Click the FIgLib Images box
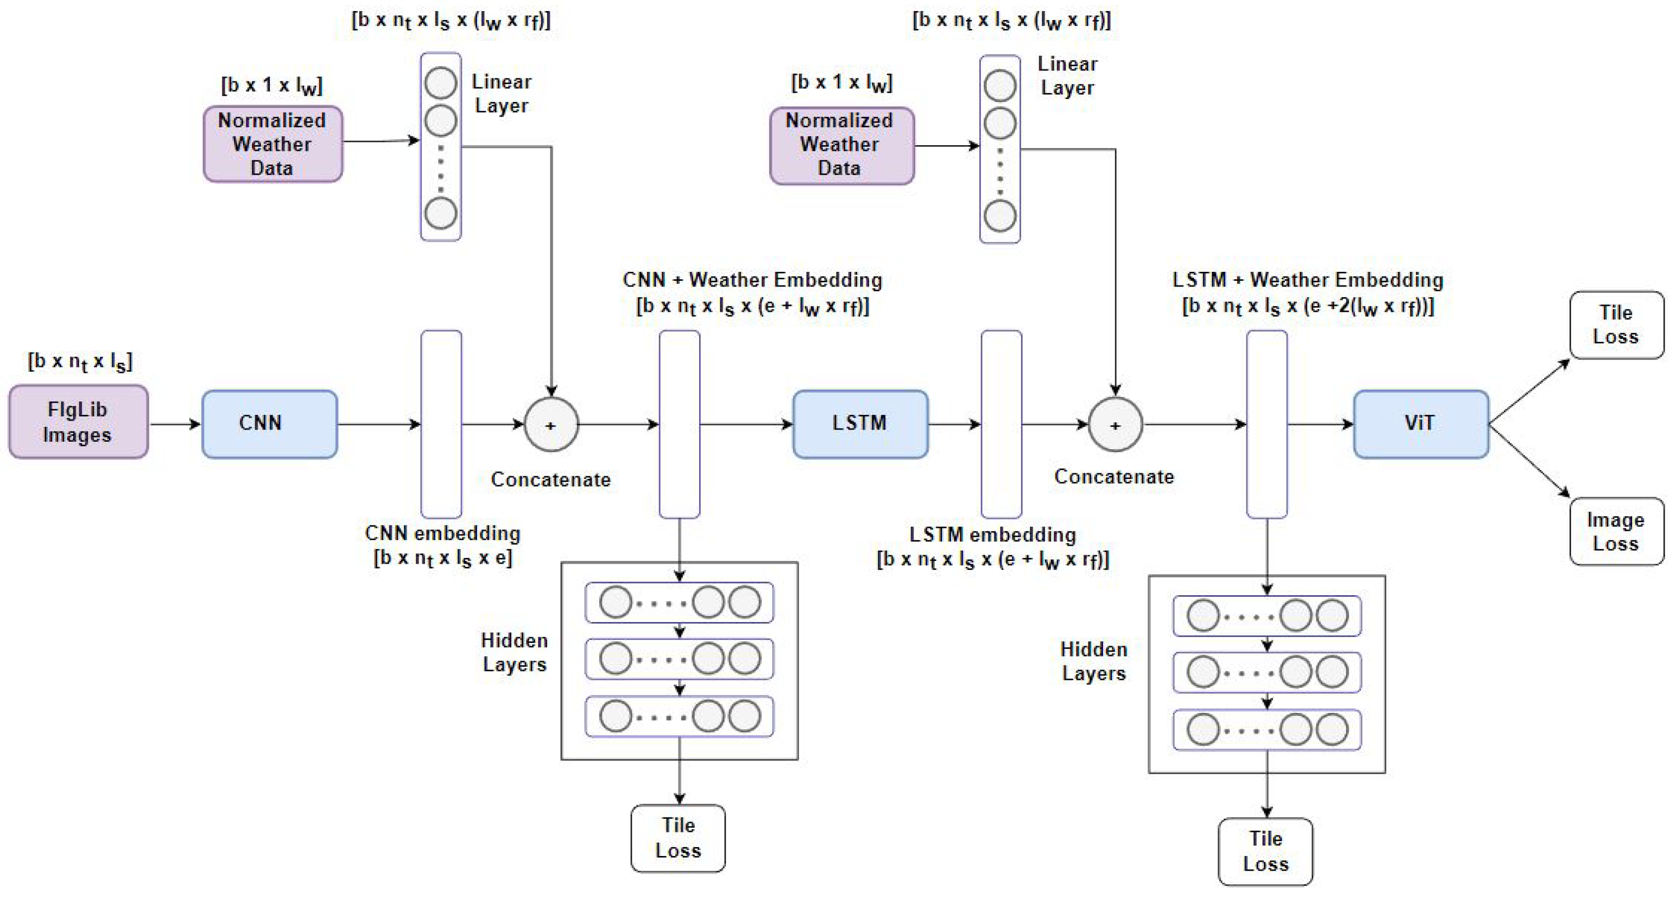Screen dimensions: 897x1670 pos(78,422)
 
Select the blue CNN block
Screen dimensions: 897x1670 pos(269,424)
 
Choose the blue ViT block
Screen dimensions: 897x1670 pos(1420,424)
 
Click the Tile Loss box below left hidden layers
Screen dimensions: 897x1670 pos(678,838)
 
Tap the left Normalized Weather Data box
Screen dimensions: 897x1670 pos(272,144)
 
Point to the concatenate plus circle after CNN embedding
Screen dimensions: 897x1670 pos(551,425)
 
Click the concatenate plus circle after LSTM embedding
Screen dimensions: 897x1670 pos(1115,425)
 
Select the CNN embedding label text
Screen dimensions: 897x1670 pos(443,533)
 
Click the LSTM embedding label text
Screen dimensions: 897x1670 pos(993,535)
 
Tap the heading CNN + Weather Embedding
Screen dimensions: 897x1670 pos(752,280)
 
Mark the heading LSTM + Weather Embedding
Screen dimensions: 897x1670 pos(1308,280)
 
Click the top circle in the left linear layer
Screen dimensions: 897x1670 pos(441,84)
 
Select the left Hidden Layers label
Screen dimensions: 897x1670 pos(514,652)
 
